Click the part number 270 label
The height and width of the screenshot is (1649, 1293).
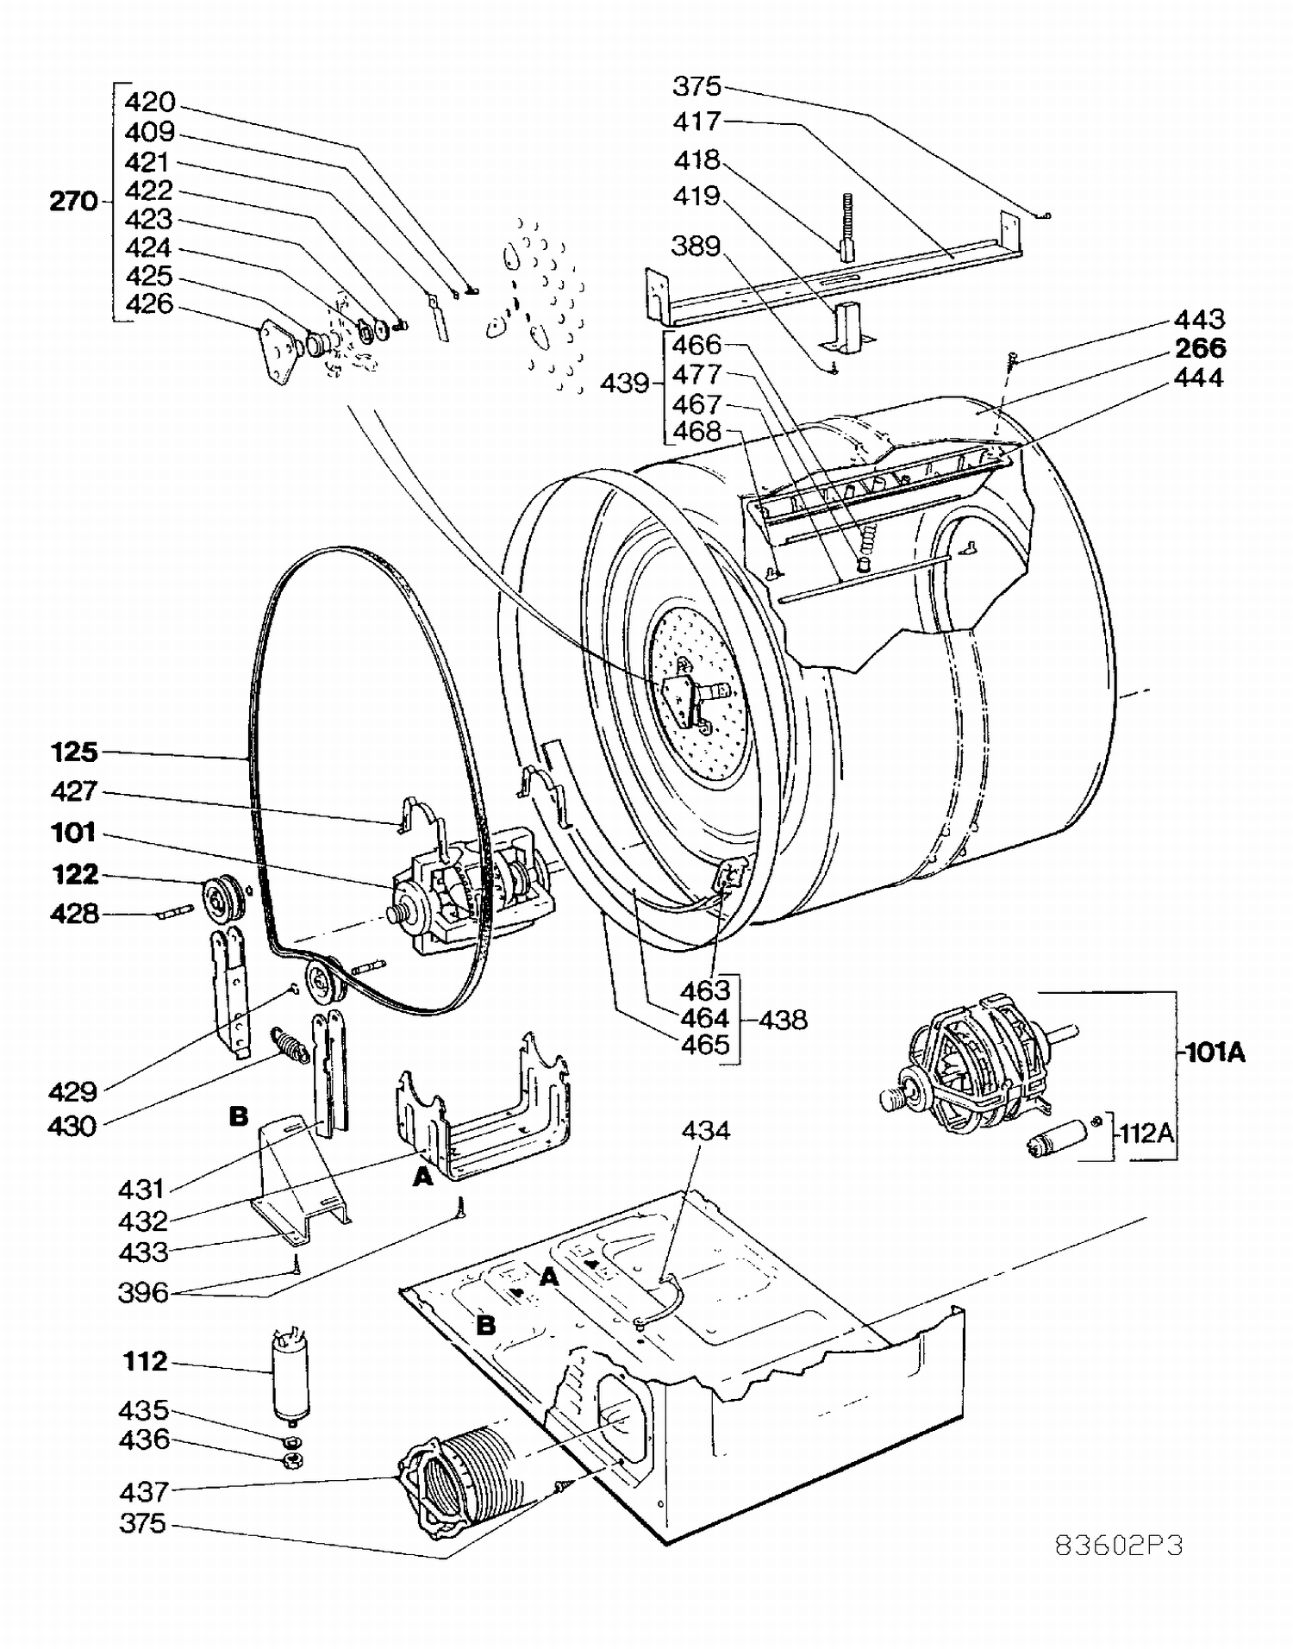73,201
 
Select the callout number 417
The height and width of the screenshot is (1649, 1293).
696,122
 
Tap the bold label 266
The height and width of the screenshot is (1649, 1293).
1200,348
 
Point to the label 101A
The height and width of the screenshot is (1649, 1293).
1215,1052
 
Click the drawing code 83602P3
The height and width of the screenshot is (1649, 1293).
1119,1546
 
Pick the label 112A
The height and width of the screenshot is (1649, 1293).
1146,1132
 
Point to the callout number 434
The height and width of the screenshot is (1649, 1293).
705,1131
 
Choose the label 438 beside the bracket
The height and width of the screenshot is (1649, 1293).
784,1020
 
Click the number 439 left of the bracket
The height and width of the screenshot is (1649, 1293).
624,383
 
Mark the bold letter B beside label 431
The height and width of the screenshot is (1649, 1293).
239,1117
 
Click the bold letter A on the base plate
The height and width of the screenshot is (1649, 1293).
550,1277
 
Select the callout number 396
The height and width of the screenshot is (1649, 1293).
143,1293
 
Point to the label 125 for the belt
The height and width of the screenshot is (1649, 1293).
74,753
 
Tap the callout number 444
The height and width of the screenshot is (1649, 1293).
1199,378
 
